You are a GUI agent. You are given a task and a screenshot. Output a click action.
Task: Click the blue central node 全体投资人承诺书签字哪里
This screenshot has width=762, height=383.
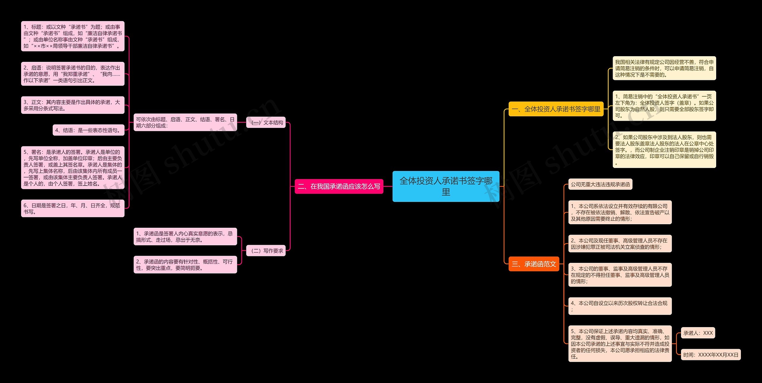446,186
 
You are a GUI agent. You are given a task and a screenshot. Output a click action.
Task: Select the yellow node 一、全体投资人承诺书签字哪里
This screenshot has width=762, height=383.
556,109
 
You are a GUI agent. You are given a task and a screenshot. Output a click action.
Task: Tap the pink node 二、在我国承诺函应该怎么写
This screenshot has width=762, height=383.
339,186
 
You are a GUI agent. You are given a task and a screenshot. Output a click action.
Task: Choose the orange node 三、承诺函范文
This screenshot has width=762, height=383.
534,264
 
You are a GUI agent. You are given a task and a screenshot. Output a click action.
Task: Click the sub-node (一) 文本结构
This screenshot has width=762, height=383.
266,123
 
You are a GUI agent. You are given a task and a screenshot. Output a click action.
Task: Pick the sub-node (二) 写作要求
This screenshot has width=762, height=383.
266,251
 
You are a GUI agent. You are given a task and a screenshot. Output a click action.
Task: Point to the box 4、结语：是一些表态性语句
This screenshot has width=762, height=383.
88,130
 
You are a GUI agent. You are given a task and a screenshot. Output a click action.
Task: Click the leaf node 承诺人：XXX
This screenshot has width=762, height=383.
698,333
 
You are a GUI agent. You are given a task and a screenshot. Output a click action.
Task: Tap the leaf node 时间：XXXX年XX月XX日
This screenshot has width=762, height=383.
711,355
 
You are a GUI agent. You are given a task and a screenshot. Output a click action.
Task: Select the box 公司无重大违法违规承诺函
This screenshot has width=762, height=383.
600,184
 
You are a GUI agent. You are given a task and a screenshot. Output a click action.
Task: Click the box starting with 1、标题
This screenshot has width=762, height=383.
73,36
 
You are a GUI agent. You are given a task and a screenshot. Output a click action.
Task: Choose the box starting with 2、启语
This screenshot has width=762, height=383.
73,74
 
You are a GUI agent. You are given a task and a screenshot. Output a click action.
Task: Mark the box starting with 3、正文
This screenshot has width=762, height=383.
73,105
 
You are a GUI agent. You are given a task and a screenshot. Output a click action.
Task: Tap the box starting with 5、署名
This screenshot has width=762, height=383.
73,168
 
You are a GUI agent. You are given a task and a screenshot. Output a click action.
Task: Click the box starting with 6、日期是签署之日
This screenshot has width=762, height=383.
73,208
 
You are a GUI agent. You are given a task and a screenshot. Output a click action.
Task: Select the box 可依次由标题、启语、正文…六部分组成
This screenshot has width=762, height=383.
185,123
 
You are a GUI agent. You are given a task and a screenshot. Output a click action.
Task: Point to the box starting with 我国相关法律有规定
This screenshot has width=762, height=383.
664,68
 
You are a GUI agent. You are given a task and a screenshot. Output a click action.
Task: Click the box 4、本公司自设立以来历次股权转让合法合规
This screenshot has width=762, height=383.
620,306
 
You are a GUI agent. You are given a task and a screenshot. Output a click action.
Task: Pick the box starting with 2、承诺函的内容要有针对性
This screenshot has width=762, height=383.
185,265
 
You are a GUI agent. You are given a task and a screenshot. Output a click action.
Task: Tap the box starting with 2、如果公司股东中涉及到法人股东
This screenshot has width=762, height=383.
664,150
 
